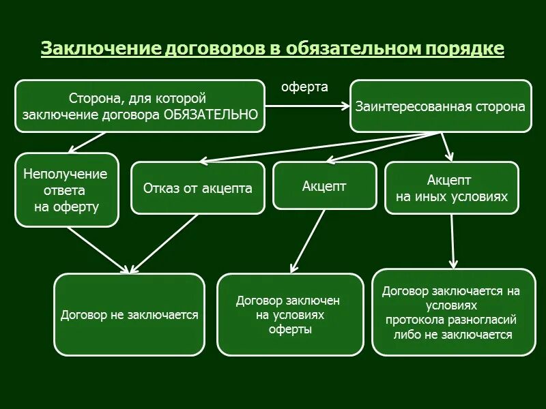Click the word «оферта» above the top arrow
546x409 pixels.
(305, 87)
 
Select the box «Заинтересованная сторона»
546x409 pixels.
(440, 106)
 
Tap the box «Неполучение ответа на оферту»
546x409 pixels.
(66, 190)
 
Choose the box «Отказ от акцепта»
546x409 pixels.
(197, 188)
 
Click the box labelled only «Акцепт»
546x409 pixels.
(324, 185)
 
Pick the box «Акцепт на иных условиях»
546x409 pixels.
(452, 187)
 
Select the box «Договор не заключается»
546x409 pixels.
(129, 315)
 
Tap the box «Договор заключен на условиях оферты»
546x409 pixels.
(289, 314)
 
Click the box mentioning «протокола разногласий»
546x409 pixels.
(453, 312)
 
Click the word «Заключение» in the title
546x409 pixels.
(100, 49)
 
